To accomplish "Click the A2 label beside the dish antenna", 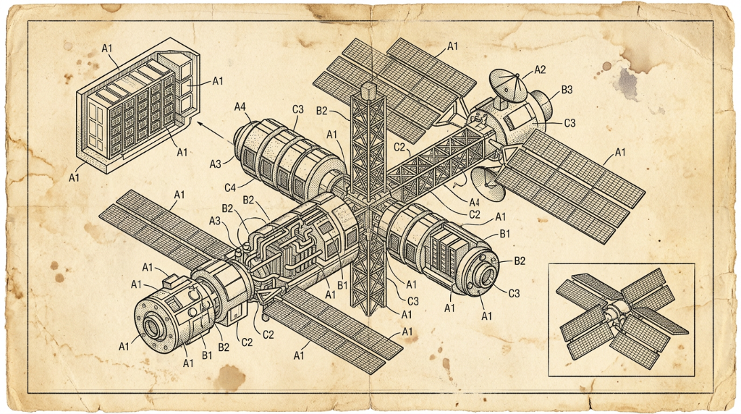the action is point(540,70).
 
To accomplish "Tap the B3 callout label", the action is point(567,89).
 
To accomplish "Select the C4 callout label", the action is point(229,188).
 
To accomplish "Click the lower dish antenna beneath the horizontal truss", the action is point(486,183).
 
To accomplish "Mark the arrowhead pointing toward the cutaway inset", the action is point(200,124).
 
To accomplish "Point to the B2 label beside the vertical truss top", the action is point(321,111).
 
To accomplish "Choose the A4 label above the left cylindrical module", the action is point(240,107).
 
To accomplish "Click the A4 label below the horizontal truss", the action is point(475,203).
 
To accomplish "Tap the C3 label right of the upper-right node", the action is point(570,123).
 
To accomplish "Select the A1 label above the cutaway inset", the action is point(107,48).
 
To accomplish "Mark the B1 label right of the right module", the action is point(504,234).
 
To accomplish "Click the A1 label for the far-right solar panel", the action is point(619,153).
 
